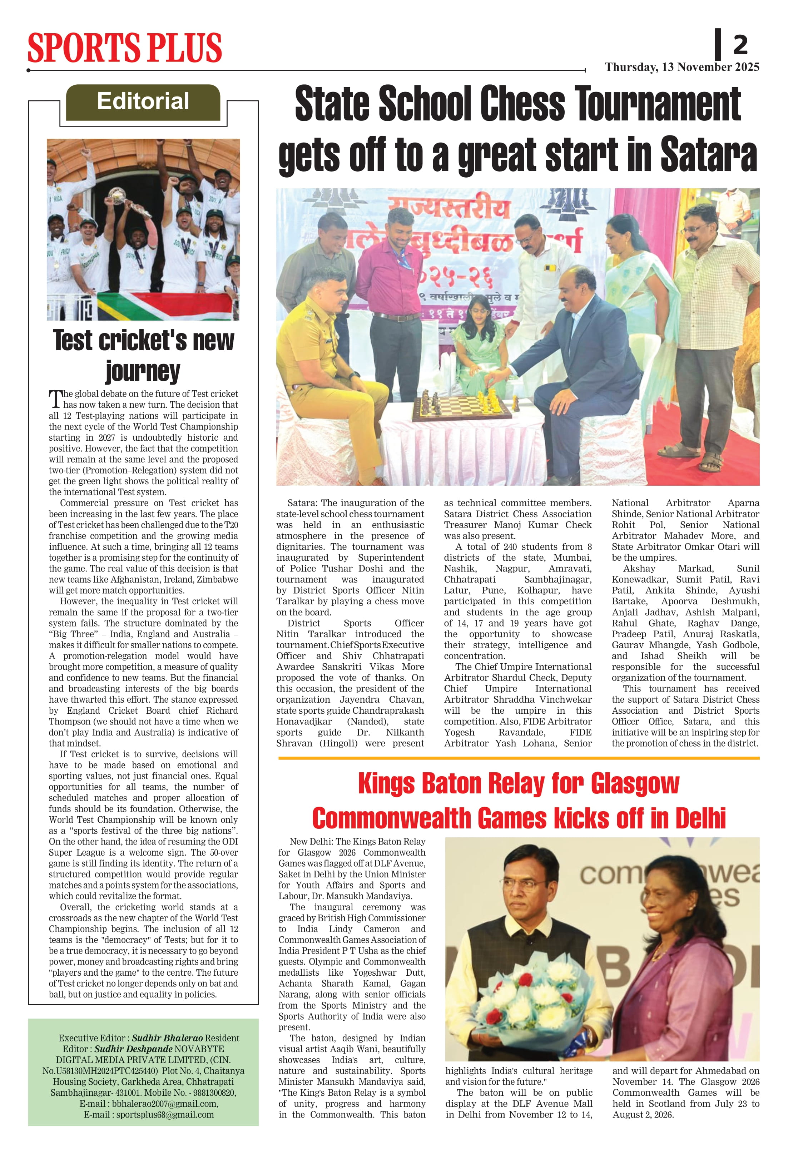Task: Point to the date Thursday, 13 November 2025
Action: (682, 67)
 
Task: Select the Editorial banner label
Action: (143, 101)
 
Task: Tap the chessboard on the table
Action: (462, 407)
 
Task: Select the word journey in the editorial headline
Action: (143, 371)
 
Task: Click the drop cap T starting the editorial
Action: (55, 399)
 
